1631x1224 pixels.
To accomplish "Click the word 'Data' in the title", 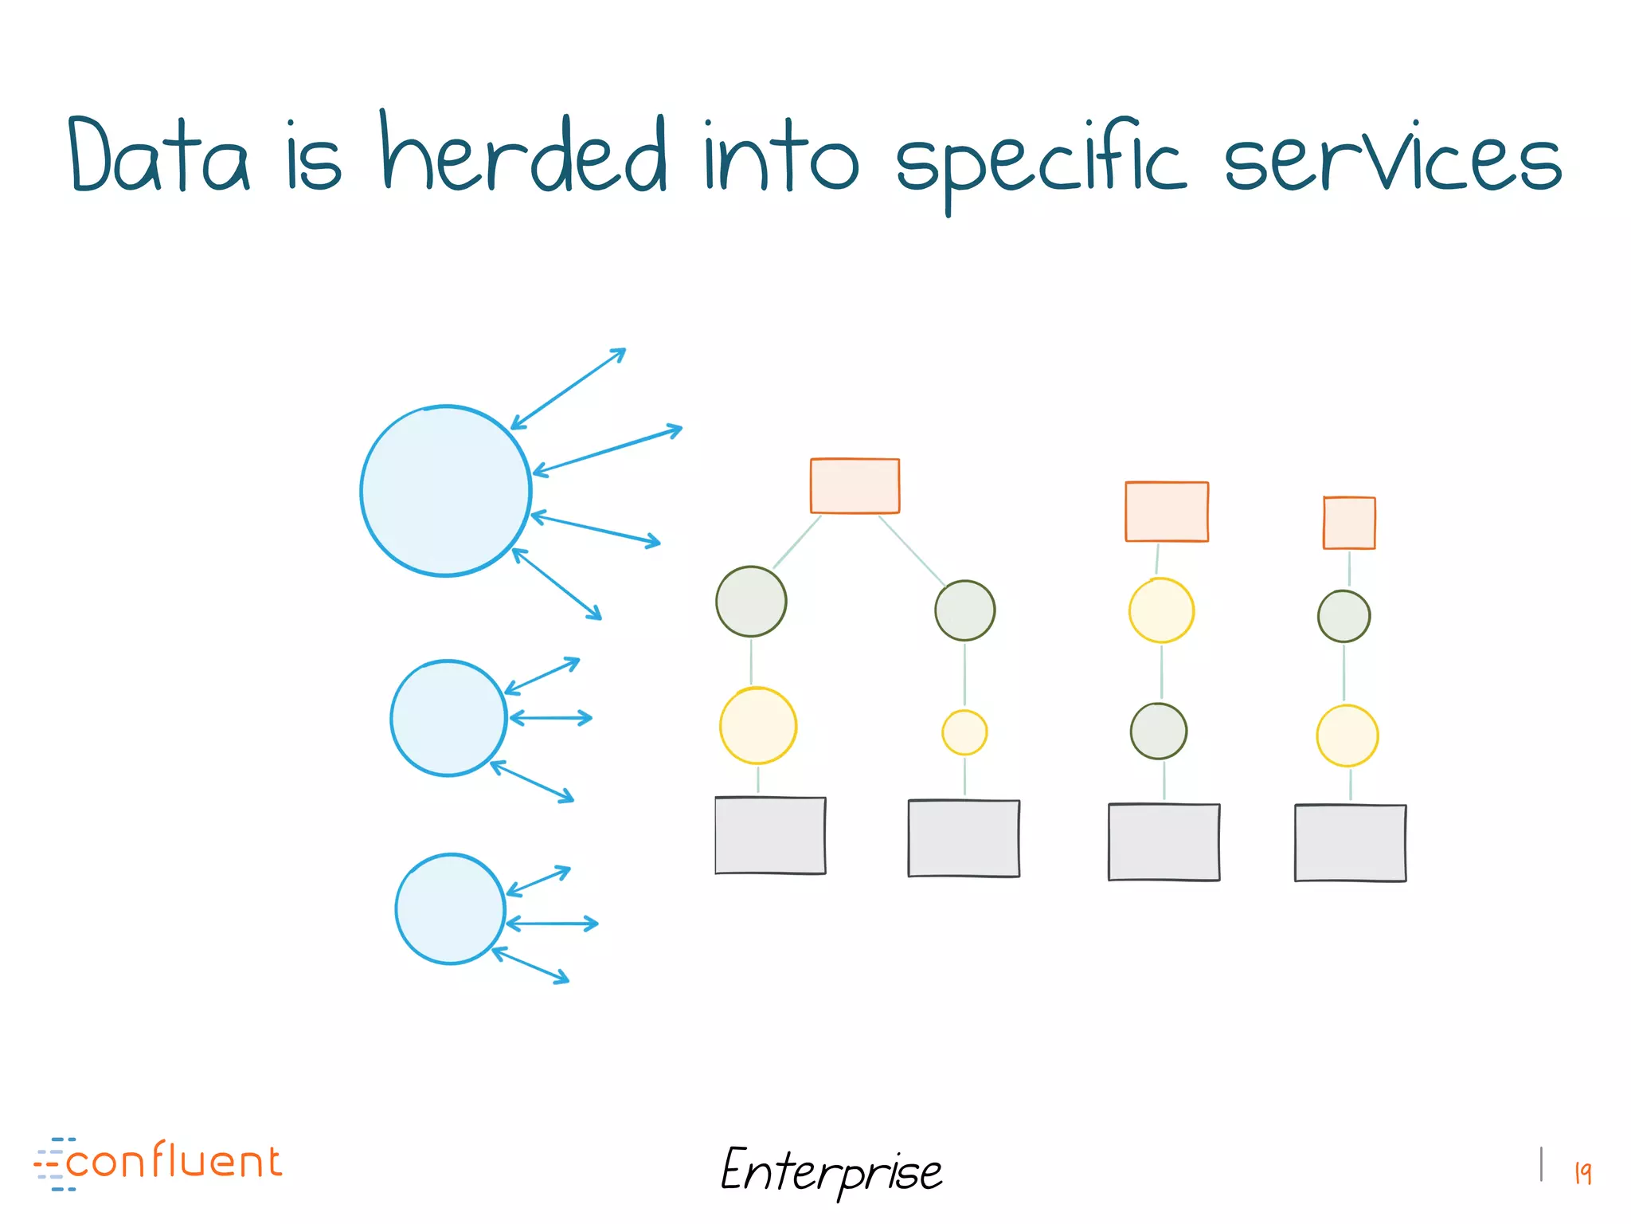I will (158, 155).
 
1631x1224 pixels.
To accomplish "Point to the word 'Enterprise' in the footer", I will (831, 1171).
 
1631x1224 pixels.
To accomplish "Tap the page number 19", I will (1582, 1172).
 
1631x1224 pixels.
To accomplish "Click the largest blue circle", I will (445, 491).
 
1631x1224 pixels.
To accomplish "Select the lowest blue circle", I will (450, 909).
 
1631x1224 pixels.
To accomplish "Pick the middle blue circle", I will (448, 718).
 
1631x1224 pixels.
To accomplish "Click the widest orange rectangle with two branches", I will (855, 485).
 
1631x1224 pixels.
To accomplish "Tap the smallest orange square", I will (1349, 523).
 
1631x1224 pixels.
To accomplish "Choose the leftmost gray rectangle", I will (770, 835).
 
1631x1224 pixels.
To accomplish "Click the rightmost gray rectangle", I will (1350, 843).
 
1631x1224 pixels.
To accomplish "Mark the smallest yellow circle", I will (964, 732).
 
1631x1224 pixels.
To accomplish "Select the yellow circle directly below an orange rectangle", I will (1161, 610).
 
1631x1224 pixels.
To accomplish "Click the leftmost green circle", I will (751, 602).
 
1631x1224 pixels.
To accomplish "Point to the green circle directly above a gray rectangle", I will (1159, 731).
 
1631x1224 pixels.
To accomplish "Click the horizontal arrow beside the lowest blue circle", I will (552, 924).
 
